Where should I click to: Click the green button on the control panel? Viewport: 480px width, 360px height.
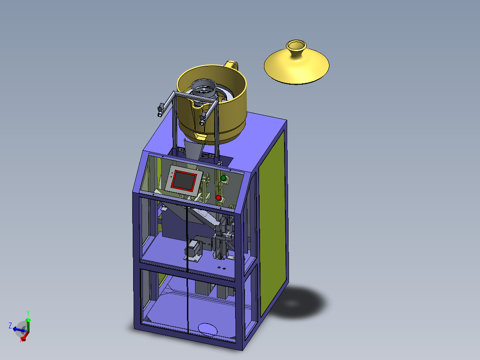pos(223,178)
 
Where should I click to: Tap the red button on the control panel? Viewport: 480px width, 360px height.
pos(218,198)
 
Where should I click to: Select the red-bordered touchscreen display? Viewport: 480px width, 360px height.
pos(184,180)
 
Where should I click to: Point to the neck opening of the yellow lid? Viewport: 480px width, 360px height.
pos(296,45)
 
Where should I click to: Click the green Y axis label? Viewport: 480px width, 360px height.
pos(28,313)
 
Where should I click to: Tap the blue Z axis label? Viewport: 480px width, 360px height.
pos(10,325)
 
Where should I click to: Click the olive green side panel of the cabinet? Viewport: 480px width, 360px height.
pos(273,224)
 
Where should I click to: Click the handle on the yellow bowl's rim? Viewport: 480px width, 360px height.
pos(231,65)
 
